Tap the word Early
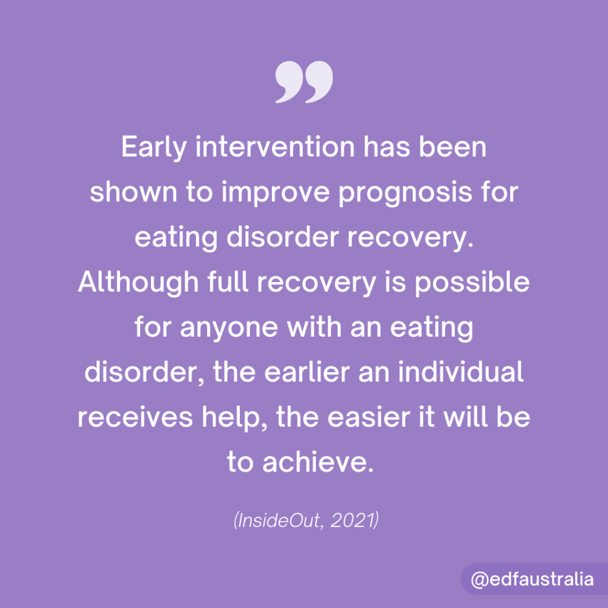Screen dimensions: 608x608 (154, 148)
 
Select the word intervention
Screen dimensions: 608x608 (275, 147)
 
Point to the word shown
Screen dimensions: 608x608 (133, 192)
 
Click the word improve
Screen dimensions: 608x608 (275, 193)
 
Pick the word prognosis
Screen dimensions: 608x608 (406, 193)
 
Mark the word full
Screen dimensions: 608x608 (227, 282)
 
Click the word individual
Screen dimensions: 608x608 (461, 372)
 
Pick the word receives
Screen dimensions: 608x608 (135, 418)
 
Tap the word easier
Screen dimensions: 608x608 (369, 418)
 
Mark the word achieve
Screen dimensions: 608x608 (318, 462)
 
